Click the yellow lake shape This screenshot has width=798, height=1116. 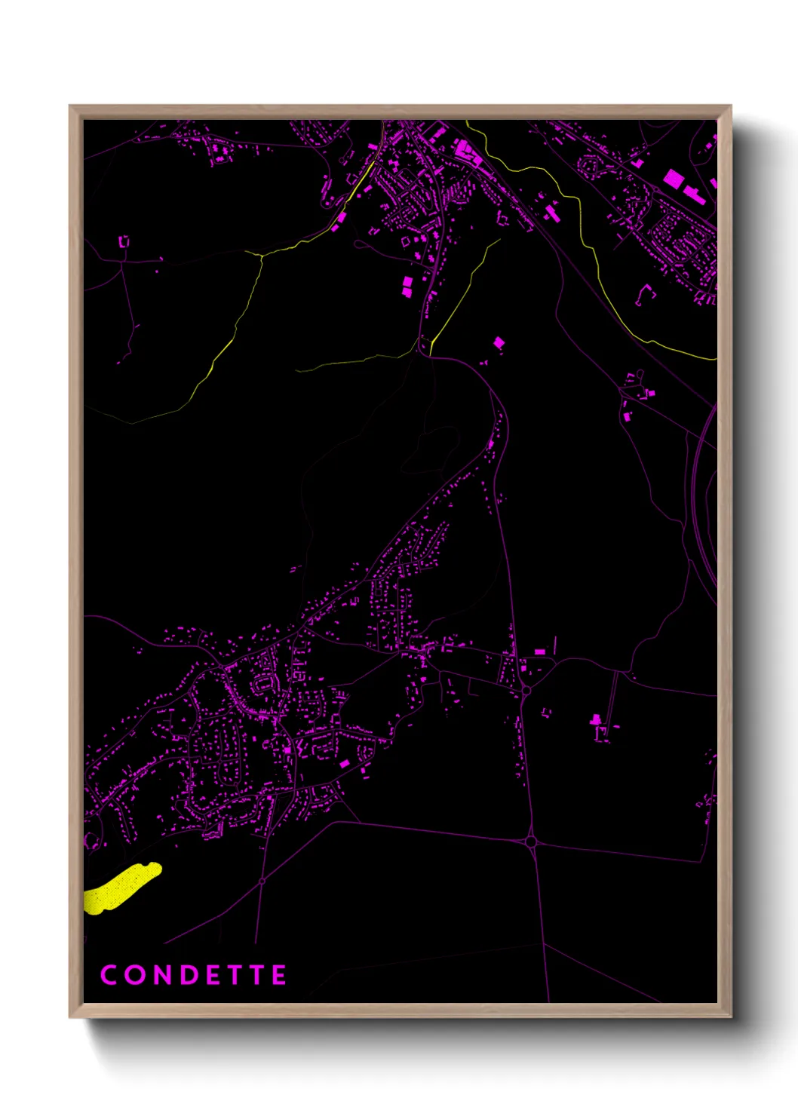pos(121,888)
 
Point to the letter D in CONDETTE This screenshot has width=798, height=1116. pos(189,975)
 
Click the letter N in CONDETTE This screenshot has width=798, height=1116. pos(161,975)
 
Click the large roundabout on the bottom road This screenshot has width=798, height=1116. pos(531,841)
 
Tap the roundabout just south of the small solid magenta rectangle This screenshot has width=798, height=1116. pos(526,689)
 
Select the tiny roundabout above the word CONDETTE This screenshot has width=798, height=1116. pos(262,881)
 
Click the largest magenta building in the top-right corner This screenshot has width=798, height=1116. pos(673,179)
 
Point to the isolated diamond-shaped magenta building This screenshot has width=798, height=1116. pos(499,343)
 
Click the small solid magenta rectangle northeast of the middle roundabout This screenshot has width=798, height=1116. pos(539,652)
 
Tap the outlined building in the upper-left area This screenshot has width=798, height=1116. pos(124,241)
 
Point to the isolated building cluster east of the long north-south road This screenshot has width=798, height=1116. pos(600,728)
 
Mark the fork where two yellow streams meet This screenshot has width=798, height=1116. pos(261,255)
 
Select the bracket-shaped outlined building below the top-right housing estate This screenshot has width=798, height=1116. pos(643,294)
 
